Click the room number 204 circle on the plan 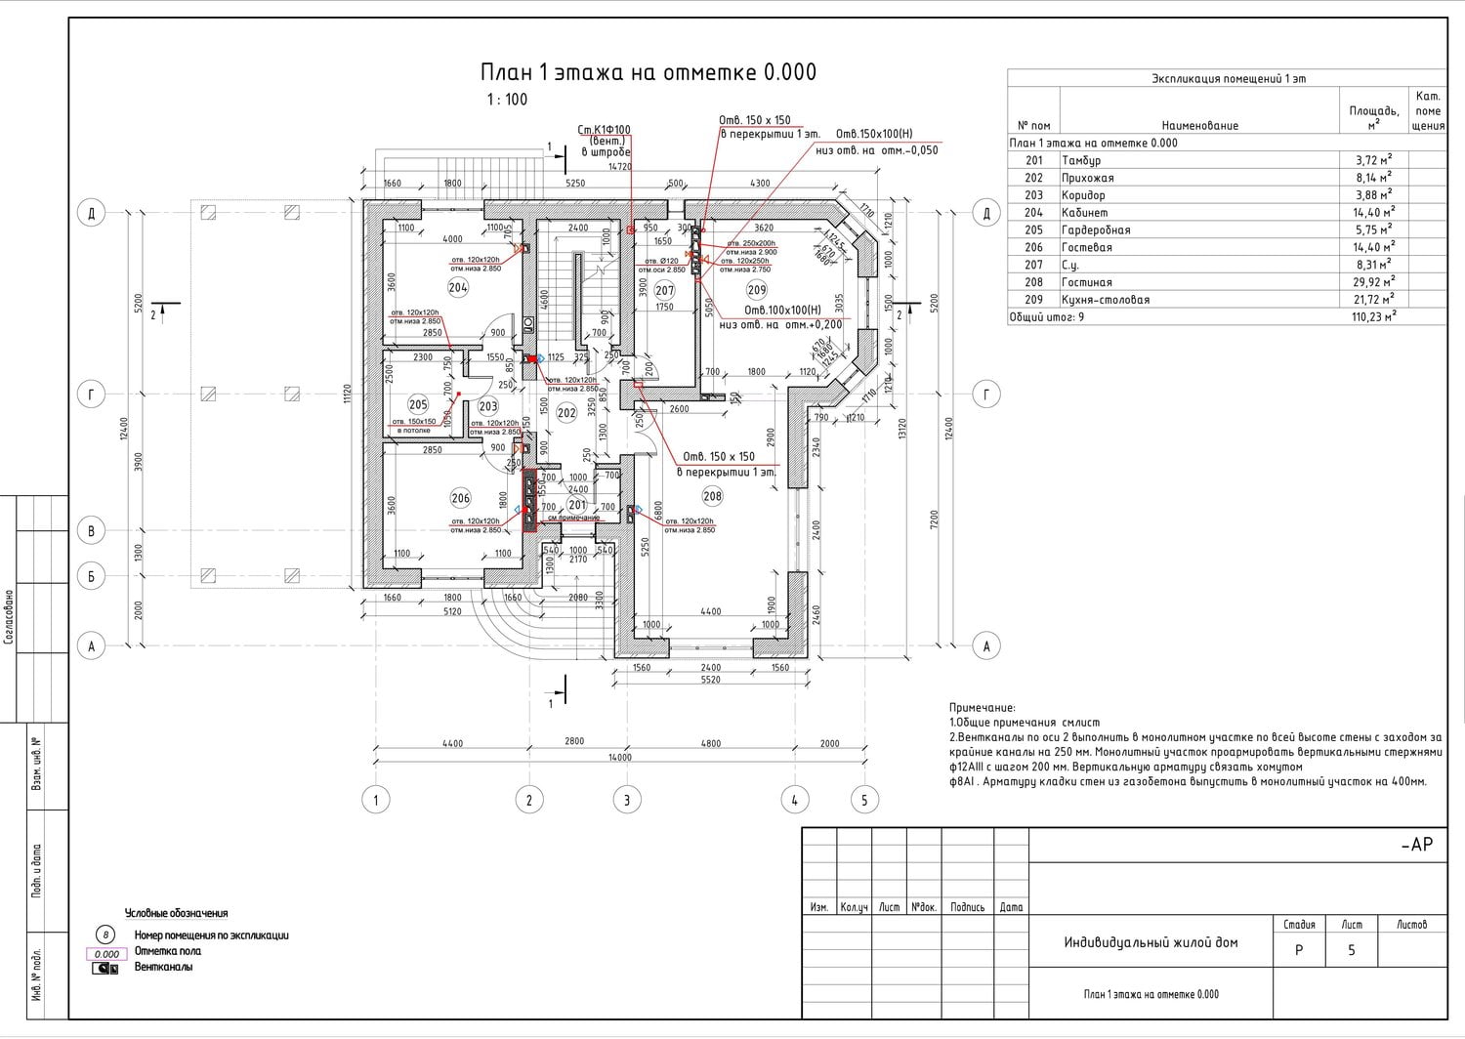click(x=458, y=287)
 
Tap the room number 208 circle click(x=713, y=496)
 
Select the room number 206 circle click(x=460, y=498)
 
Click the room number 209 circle click(x=757, y=289)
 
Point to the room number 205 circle click(x=418, y=404)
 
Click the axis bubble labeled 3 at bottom click(x=627, y=800)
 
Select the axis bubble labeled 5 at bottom click(x=864, y=800)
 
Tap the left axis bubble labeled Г click(x=92, y=395)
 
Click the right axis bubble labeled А click(x=986, y=645)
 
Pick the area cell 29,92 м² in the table click(x=1372, y=282)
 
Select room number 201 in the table click(x=1033, y=160)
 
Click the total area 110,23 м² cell click(x=1374, y=317)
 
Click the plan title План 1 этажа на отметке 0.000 click(x=648, y=72)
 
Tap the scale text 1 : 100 click(x=507, y=100)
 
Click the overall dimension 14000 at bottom click(x=619, y=757)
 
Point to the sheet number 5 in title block click(x=1352, y=949)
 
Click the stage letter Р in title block click(x=1298, y=949)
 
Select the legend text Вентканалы click(x=163, y=967)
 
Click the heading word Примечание click(x=982, y=708)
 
